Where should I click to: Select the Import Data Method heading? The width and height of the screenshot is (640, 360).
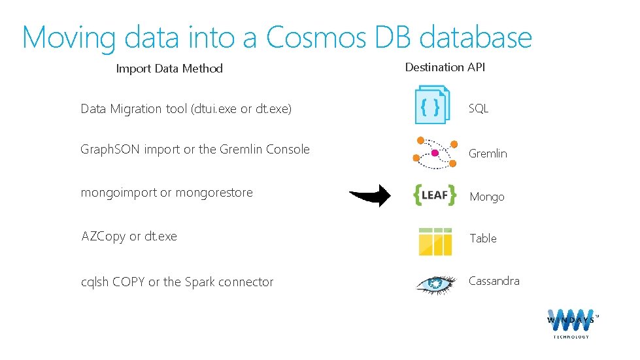coord(169,69)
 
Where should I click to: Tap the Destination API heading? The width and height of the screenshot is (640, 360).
coord(445,67)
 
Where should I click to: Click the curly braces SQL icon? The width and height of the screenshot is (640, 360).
coord(431,105)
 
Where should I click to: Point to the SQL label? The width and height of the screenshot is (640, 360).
coord(479,109)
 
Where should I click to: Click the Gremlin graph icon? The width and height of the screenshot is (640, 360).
coord(435,150)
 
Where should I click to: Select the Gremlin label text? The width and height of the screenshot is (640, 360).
coord(488,154)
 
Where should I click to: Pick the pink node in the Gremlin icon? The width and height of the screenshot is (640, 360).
coord(434,153)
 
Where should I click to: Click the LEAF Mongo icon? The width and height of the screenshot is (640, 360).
coord(435,195)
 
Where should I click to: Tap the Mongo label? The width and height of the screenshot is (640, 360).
coord(487,197)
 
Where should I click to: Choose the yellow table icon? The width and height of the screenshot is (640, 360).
coord(435,241)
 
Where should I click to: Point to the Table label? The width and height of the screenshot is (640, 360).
coord(483,238)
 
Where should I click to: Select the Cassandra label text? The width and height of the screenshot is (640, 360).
coord(494,281)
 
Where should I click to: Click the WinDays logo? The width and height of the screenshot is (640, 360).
coord(571,321)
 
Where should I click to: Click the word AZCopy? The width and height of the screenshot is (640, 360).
coord(103,236)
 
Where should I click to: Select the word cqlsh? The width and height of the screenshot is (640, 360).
coord(94,282)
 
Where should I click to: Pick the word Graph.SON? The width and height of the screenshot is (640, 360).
coord(110,150)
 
